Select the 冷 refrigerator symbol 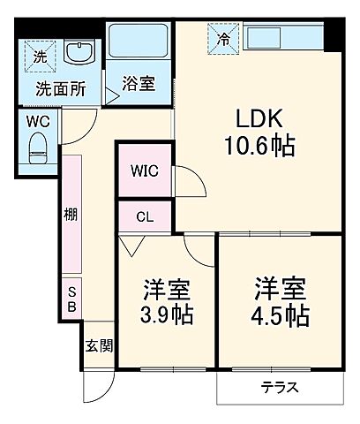tap(223, 38)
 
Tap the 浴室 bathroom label tap(139, 84)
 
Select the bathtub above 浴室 tap(139, 42)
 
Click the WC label tap(37, 120)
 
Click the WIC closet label tap(145, 170)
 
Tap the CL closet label tap(145, 215)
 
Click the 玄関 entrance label tap(98, 346)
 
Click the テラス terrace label tap(279, 387)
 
